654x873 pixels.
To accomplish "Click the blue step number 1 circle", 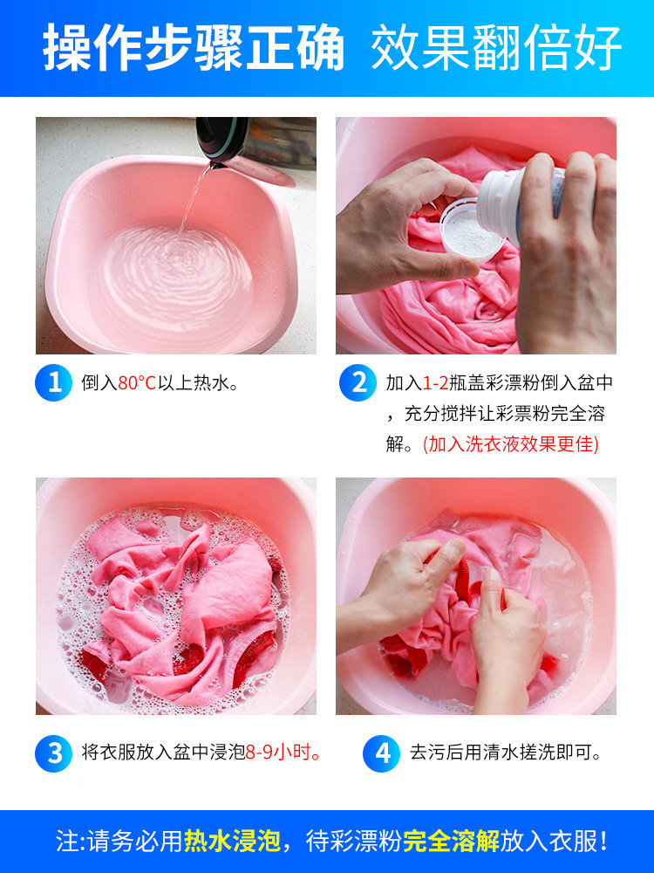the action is [53, 382].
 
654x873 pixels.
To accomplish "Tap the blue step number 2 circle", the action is [358, 382].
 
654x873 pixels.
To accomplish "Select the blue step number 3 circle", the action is [53, 753].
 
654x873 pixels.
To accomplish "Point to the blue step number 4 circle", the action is [382, 753].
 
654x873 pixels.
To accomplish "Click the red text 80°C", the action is [137, 383].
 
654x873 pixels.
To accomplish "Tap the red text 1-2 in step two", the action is [435, 383].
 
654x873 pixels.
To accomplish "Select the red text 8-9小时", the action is [283, 753].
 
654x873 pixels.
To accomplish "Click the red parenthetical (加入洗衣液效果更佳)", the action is [510, 444].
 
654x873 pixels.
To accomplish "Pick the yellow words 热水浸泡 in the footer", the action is [232, 841].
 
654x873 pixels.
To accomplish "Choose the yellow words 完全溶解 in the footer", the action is [451, 841].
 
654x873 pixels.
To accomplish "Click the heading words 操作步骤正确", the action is [194, 48].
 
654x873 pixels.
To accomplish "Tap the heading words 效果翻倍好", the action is [496, 48].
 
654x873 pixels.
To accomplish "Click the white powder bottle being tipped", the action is [520, 201].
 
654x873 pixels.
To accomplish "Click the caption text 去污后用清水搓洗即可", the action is [506, 753].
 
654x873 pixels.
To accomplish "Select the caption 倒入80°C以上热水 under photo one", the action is [160, 383].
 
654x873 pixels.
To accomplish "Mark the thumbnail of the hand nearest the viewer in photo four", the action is [492, 575].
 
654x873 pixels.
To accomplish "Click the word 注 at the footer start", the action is [66, 841].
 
